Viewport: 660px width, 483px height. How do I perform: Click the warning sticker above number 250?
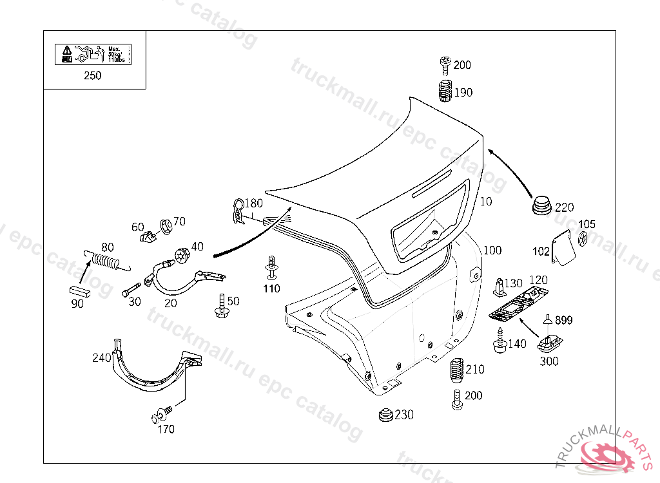pos(93,53)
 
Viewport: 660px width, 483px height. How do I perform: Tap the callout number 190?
pos(463,92)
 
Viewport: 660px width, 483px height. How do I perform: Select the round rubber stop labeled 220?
pos(542,205)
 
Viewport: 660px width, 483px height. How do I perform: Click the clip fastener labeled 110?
pos(272,267)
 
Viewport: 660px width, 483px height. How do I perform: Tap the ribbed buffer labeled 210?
pos(456,370)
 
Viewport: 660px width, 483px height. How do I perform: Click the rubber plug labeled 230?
pos(386,415)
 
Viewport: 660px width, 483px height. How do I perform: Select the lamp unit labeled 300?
pos(549,343)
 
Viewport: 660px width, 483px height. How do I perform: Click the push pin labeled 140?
pos(500,342)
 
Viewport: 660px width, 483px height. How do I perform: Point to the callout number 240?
pos(101,357)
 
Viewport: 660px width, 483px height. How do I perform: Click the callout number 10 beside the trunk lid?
pos(486,202)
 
